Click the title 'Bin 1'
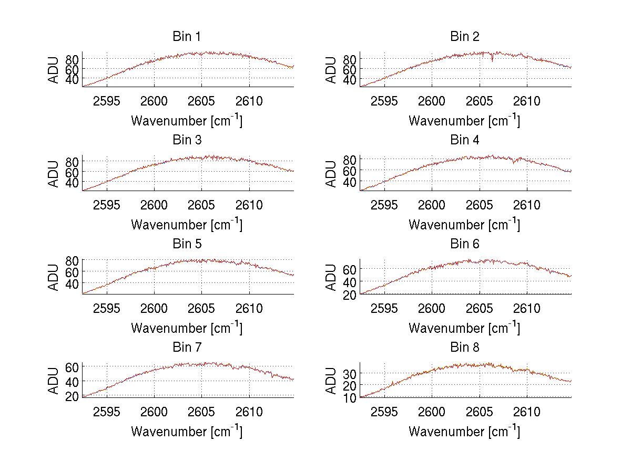point(187,37)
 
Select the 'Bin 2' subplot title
point(465,37)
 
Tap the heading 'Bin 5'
point(187,244)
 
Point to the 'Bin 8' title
point(465,348)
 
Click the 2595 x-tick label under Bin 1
point(107,101)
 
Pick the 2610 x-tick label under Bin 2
point(527,101)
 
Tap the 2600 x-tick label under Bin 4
point(432,205)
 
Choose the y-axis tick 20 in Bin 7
point(72,396)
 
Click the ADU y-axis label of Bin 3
point(54,174)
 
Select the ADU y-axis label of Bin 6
point(331,277)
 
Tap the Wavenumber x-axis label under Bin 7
point(187,432)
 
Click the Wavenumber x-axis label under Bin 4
point(464,224)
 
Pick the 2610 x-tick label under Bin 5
point(249,308)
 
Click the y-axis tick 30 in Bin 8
point(350,373)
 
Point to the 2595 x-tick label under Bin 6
point(384,308)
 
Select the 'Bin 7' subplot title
point(187,348)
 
